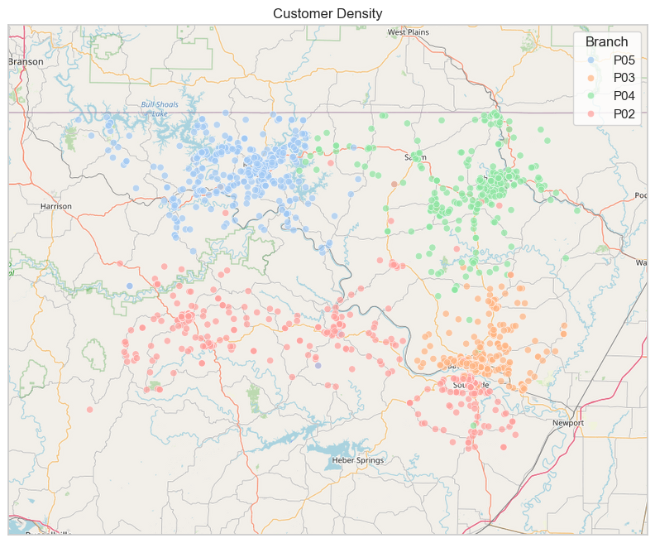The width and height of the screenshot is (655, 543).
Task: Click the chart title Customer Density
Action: [327, 12]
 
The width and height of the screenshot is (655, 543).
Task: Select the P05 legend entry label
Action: [624, 60]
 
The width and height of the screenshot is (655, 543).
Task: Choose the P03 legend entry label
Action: [624, 78]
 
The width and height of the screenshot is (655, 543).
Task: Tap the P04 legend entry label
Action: [624, 96]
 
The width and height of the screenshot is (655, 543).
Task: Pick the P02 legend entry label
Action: [624, 114]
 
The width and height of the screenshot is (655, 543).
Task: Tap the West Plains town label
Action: [409, 32]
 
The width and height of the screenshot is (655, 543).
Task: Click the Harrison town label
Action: [56, 206]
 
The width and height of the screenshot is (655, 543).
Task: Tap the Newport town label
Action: [568, 423]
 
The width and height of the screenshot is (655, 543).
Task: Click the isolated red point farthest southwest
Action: [89, 410]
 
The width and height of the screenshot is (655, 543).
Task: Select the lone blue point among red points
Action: [129, 286]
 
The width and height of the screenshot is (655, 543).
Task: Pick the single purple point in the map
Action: [318, 365]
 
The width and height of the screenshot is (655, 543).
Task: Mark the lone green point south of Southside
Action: [474, 426]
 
